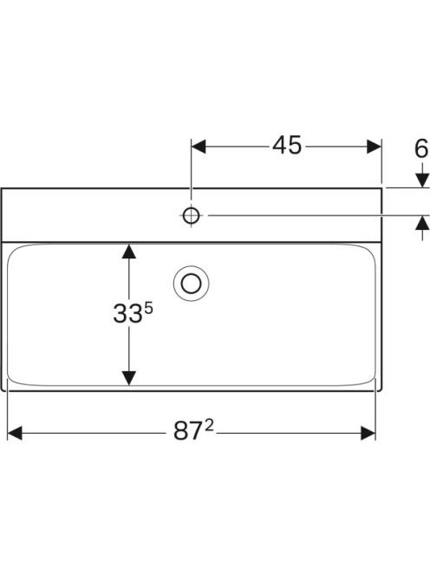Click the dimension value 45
click(287, 146)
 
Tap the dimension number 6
click(421, 149)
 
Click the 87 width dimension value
click(188, 430)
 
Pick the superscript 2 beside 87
click(209, 426)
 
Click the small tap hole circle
click(191, 216)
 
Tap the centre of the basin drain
click(191, 284)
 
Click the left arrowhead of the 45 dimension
click(199, 147)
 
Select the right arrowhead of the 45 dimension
click(375, 147)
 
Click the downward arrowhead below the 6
click(422, 180)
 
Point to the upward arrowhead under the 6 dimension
click(422, 223)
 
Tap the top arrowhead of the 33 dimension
click(128, 251)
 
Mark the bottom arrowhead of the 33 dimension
click(128, 378)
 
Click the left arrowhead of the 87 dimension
click(15, 433)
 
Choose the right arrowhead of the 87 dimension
click(368, 433)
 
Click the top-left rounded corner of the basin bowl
click(12, 249)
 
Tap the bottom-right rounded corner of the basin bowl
click(370, 380)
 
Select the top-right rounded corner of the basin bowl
click(370, 249)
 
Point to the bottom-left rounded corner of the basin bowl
click(12, 380)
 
